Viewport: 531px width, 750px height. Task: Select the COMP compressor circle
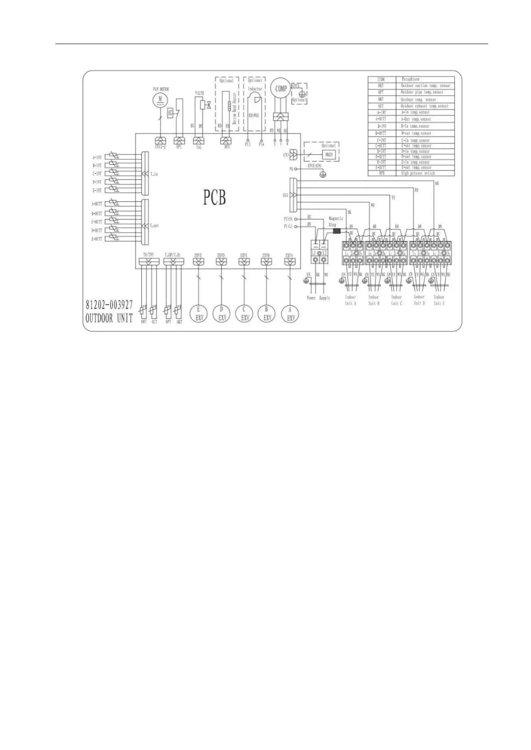tap(281, 89)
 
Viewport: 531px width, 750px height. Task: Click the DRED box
tap(328, 154)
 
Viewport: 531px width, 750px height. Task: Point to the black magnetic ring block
tap(337, 231)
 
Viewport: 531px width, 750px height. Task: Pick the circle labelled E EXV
tap(198, 314)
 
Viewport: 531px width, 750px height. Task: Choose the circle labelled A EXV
tap(290, 314)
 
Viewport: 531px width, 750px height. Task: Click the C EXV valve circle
tap(244, 314)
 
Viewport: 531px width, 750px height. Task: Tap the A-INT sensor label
tap(97, 158)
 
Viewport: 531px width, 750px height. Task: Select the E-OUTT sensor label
tap(97, 239)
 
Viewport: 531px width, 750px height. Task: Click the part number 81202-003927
tap(109, 306)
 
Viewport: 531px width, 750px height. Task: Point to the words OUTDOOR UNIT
tap(109, 319)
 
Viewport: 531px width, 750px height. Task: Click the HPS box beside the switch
tap(170, 114)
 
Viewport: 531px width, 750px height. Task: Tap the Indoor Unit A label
tap(350, 300)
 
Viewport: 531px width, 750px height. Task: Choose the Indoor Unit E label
tap(439, 300)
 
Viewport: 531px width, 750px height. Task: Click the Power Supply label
tap(318, 298)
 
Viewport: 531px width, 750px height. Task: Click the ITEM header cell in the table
tap(381, 79)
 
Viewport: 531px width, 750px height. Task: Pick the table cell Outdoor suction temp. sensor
tap(425, 86)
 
